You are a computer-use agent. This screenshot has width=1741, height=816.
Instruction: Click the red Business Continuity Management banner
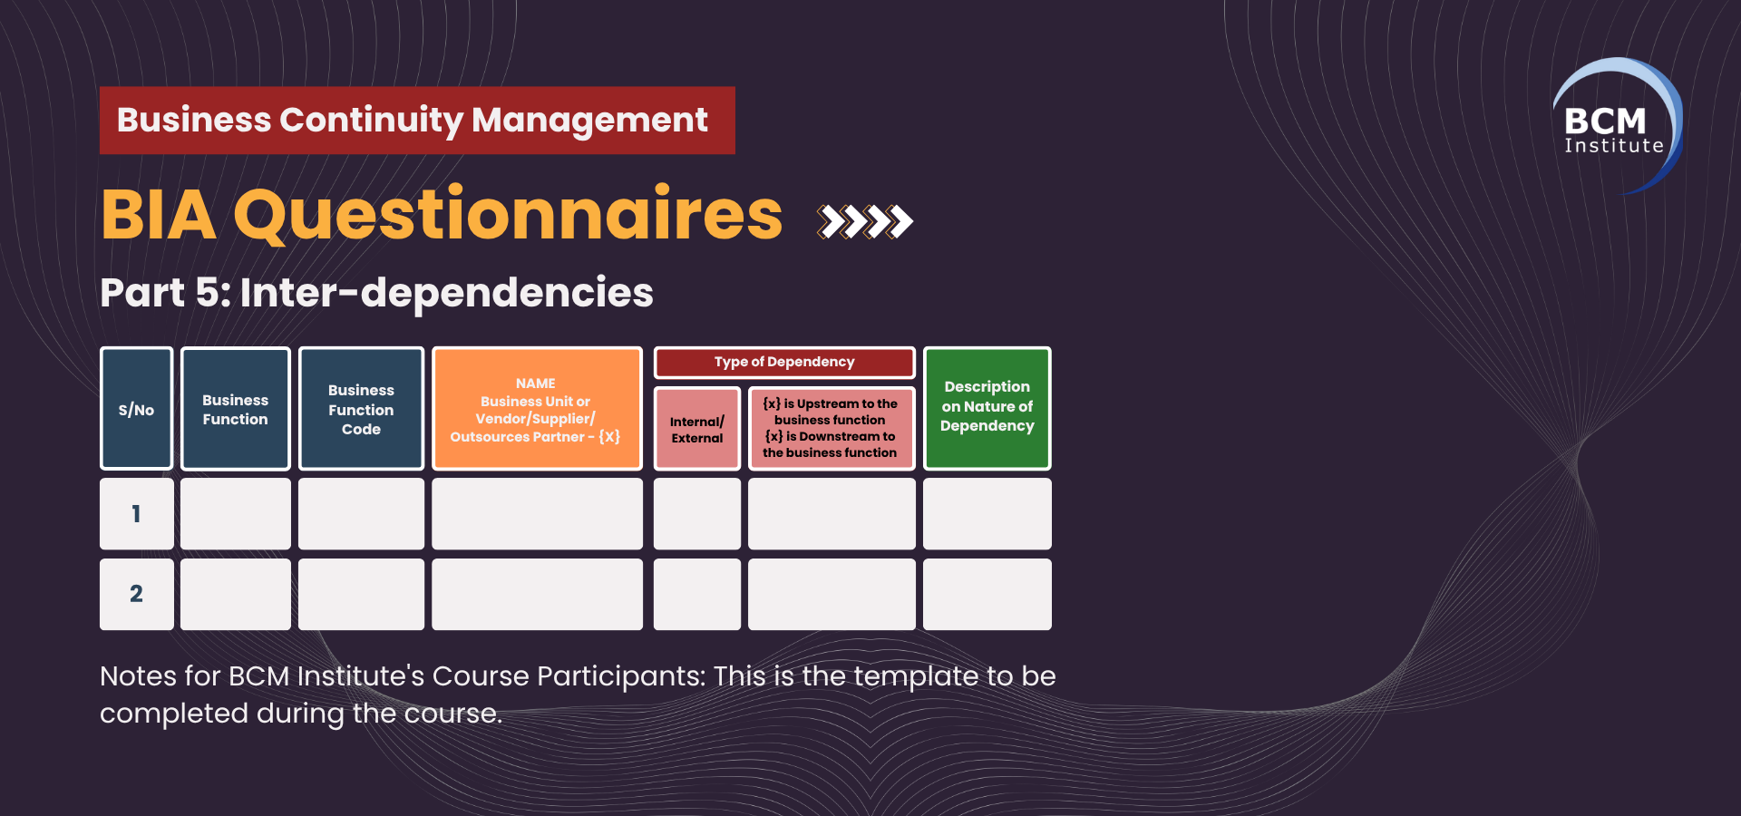click(x=417, y=120)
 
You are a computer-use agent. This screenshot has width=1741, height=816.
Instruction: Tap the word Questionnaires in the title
click(x=508, y=216)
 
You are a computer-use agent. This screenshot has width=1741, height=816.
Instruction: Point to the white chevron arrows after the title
click(x=864, y=221)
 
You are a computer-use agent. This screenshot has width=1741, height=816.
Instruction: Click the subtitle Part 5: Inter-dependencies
click(x=376, y=292)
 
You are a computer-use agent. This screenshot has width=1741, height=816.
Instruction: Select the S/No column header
click(x=136, y=408)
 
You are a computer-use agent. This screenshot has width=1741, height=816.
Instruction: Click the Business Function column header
click(x=236, y=408)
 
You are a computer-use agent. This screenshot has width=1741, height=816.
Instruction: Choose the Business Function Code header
click(x=361, y=408)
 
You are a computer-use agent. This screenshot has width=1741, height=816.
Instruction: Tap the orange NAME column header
click(x=537, y=408)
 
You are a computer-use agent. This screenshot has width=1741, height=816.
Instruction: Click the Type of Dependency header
click(x=784, y=362)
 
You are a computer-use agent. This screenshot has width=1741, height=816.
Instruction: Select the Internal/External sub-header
click(x=697, y=428)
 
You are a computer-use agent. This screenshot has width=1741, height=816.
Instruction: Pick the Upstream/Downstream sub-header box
click(x=832, y=428)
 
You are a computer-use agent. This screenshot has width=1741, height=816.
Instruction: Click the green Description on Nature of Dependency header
click(x=987, y=408)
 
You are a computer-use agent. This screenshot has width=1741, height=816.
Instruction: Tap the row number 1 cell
click(x=136, y=513)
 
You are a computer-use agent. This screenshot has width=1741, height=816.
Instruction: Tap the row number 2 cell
click(x=136, y=594)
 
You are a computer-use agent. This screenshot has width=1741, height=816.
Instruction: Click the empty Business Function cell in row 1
click(x=236, y=513)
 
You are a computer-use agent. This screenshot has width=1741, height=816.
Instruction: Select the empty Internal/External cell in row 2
click(x=697, y=594)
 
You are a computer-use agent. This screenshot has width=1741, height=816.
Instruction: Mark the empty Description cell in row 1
click(x=987, y=513)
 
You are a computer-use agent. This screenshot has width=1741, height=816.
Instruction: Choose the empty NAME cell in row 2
click(x=537, y=594)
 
